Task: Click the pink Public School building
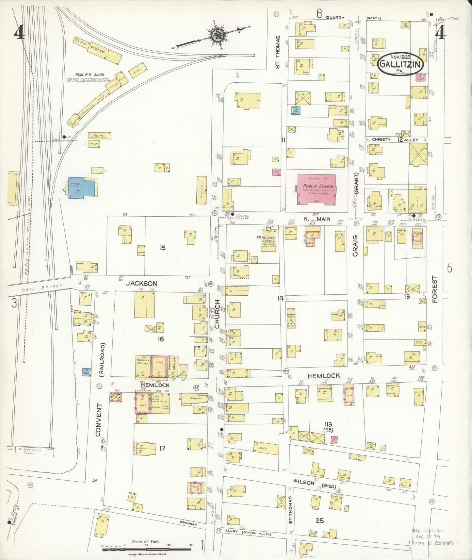click(x=317, y=189)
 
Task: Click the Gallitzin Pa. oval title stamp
click(x=400, y=64)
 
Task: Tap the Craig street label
click(x=355, y=245)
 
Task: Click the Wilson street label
click(x=303, y=482)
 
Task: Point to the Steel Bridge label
click(x=42, y=286)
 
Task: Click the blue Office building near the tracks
click(x=82, y=188)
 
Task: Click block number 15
click(x=163, y=248)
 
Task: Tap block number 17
click(x=162, y=448)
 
